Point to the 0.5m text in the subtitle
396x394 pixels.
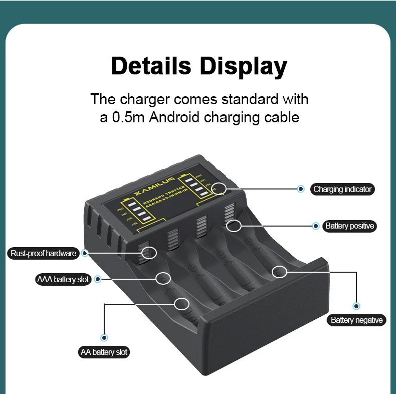(x=129, y=118)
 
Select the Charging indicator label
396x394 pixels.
(x=342, y=189)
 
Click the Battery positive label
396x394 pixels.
(x=349, y=226)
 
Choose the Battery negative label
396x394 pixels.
(x=356, y=320)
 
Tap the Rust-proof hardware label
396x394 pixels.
(x=44, y=253)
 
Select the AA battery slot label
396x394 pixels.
(x=104, y=352)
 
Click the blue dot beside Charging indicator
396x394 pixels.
(x=301, y=189)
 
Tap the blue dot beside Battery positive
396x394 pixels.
(x=316, y=226)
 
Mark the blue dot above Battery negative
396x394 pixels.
(x=356, y=305)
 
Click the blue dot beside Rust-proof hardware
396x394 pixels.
(x=85, y=253)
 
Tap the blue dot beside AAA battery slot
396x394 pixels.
(x=98, y=279)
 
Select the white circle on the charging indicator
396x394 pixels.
(x=219, y=188)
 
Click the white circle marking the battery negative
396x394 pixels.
(x=279, y=272)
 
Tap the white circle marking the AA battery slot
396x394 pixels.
(x=181, y=303)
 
